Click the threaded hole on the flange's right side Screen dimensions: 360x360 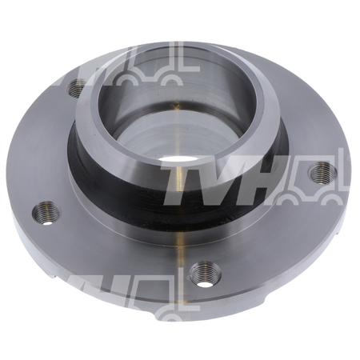coord(322,173)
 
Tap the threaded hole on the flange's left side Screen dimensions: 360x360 coord(46,213)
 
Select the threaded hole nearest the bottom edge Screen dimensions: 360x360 coord(205,274)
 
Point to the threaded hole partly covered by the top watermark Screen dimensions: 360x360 coord(77,88)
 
